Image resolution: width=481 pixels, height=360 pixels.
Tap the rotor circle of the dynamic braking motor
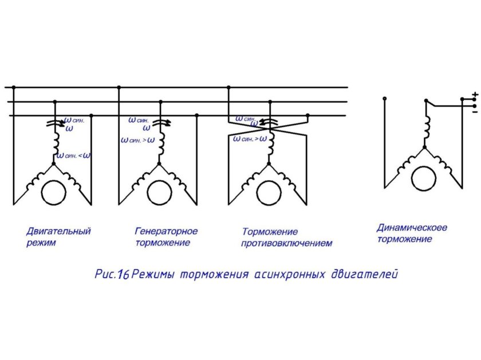pos(424,177)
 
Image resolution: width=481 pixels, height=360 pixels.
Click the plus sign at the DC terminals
pos(474,94)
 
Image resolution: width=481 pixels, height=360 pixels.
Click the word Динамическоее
pos(412,228)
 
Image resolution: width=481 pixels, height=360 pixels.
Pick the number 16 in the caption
pos(123,274)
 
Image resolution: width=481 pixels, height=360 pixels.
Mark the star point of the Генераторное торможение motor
pos(160,164)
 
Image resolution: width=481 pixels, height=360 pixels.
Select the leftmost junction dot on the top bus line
pos(13,88)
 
